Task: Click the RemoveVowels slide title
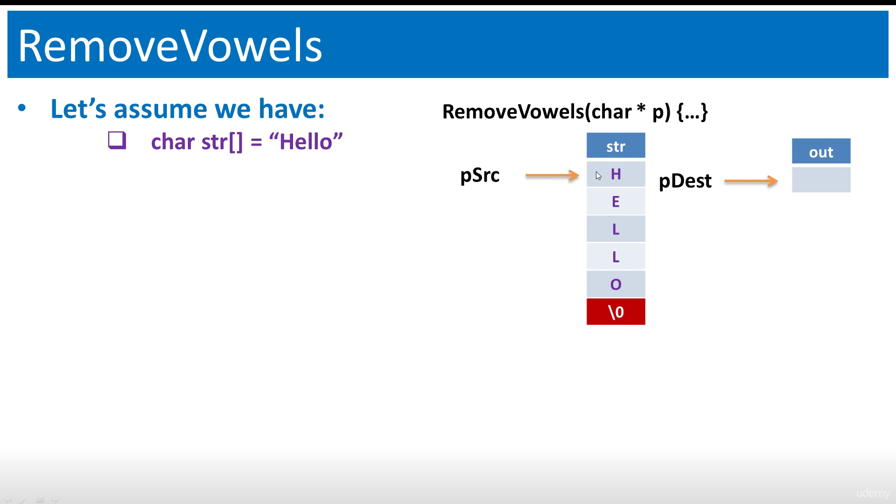pos(170,46)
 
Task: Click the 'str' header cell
pos(616,146)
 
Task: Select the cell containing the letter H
pos(616,174)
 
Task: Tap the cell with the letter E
pos(616,202)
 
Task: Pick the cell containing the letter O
pos(616,284)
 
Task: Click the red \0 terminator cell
pos(616,312)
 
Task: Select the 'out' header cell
pos(821,151)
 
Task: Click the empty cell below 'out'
pos(821,180)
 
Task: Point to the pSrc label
pos(480,175)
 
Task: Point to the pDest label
pos(685,181)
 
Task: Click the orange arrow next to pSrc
pos(553,175)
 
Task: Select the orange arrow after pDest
pos(751,181)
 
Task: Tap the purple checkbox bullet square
pos(117,140)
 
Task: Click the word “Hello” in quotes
pos(306,141)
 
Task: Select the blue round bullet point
pos(22,109)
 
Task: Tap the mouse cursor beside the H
pos(599,175)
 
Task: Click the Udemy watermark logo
pos(873,493)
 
